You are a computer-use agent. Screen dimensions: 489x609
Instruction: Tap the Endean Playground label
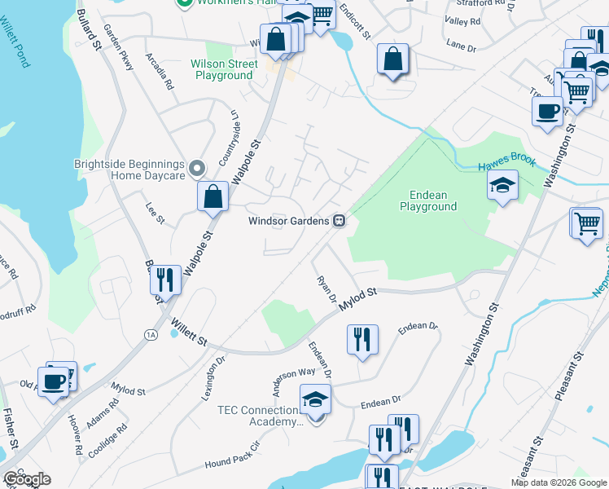427,200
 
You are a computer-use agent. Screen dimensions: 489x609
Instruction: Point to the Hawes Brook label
506,162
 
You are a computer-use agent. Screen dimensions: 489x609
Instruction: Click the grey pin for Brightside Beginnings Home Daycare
196,169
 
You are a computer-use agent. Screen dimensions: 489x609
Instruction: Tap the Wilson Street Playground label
222,69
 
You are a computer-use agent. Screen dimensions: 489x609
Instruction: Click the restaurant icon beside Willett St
166,280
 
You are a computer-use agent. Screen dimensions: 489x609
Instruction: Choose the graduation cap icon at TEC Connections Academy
315,400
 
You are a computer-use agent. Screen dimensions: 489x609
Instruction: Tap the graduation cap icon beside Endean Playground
503,187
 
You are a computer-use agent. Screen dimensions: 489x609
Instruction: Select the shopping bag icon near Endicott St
392,59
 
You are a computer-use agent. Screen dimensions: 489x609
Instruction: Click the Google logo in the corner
27,479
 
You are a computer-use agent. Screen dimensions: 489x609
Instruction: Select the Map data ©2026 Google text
559,482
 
